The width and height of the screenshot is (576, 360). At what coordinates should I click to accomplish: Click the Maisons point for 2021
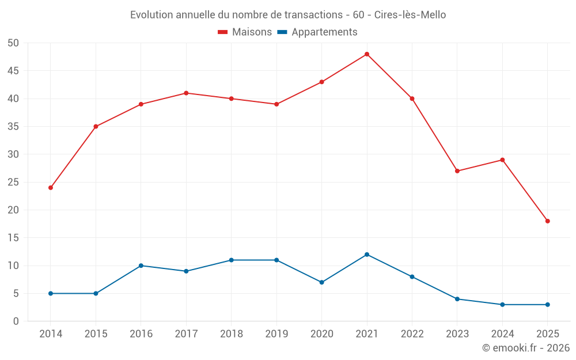[x=367, y=54]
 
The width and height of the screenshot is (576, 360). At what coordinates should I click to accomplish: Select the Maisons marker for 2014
[x=51, y=188]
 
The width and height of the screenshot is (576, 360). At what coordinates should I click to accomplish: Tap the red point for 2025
[x=547, y=221]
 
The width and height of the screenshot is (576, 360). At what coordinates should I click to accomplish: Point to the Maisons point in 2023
[x=457, y=171]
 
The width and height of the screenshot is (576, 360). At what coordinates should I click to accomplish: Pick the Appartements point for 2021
[x=367, y=255]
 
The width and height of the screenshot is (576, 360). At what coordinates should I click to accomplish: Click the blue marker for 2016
[x=141, y=266]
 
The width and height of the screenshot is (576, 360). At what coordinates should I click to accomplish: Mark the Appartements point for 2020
[x=321, y=282]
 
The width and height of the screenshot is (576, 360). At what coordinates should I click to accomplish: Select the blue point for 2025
[x=547, y=305]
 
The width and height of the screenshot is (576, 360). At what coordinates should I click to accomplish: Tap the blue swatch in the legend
[x=282, y=32]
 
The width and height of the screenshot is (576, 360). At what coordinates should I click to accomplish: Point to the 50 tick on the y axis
[x=13, y=43]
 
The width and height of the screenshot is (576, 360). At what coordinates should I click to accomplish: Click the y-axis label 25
[x=13, y=182]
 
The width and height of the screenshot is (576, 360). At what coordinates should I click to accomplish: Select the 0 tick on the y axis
[x=16, y=321]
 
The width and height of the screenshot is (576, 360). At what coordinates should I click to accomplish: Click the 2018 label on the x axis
[x=231, y=334]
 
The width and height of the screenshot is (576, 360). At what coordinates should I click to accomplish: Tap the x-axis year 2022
[x=412, y=334]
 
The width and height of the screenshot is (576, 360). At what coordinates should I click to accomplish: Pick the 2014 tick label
[x=51, y=334]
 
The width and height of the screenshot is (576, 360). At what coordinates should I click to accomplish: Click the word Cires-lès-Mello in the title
[x=410, y=15]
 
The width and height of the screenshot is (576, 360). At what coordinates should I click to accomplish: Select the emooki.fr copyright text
[x=526, y=348]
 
